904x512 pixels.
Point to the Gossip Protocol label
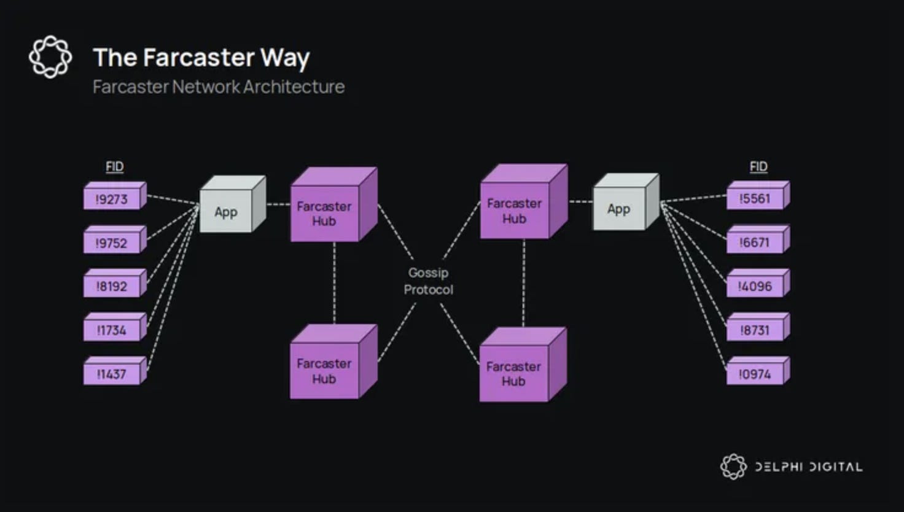point(428,281)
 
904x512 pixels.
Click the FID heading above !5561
point(758,166)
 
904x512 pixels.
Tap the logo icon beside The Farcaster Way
point(50,57)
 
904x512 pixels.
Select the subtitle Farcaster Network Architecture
point(218,87)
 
